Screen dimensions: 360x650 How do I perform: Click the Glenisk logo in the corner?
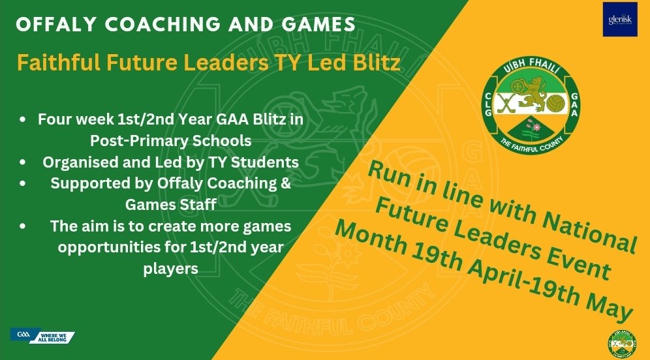[x=619, y=20]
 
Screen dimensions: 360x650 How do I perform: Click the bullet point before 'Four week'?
[x=23, y=121]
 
